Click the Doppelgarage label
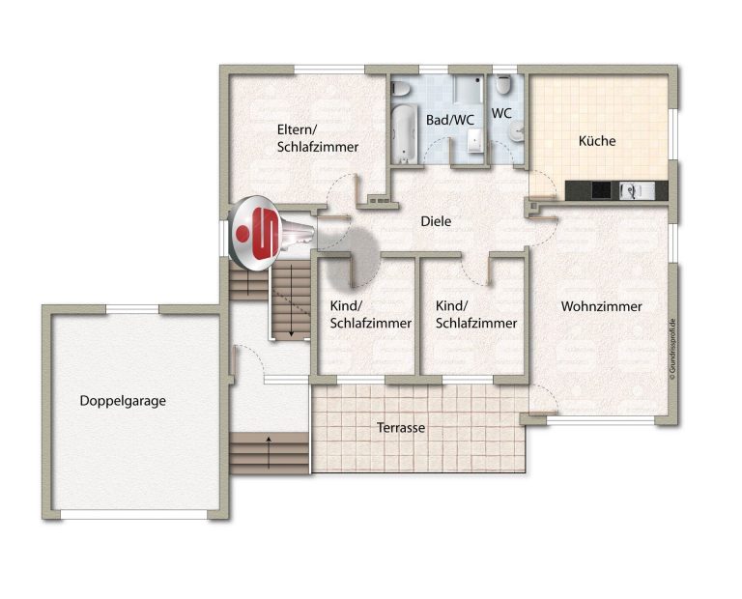[x=123, y=401]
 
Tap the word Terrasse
[x=401, y=428]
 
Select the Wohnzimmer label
[x=602, y=306]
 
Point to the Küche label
[x=597, y=140]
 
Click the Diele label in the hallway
[x=436, y=221]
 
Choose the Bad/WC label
[x=449, y=120]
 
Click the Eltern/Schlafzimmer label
[x=318, y=138]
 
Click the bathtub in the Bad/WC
[x=405, y=134]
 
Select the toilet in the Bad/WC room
[x=400, y=88]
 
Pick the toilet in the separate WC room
[x=502, y=85]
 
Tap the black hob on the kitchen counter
[x=602, y=190]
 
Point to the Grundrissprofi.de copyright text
[x=672, y=349]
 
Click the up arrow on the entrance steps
[x=269, y=452]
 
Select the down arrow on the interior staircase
[x=291, y=300]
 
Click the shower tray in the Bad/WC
[x=469, y=89]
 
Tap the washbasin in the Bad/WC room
[x=474, y=142]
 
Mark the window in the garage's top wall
[x=132, y=309]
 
